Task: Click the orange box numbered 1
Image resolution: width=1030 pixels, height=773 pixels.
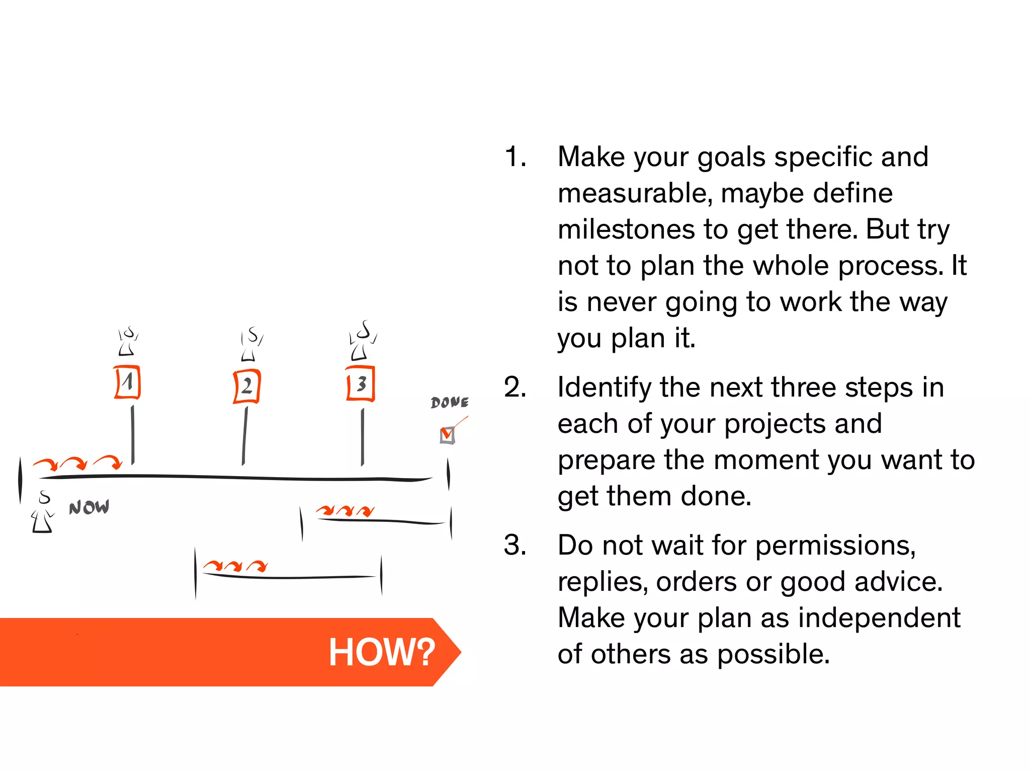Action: click(127, 382)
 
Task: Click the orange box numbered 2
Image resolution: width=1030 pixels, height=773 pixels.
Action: click(247, 386)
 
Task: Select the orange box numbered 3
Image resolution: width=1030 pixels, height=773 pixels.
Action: click(361, 384)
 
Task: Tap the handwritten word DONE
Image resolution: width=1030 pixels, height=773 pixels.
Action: click(450, 402)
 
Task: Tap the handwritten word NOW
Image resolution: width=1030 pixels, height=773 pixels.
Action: click(89, 507)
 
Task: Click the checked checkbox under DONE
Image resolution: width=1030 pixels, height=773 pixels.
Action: click(447, 435)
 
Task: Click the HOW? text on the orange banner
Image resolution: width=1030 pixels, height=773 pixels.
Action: click(382, 652)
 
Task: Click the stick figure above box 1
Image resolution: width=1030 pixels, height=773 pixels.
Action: click(128, 342)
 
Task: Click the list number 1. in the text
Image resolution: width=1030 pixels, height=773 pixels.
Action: click(515, 157)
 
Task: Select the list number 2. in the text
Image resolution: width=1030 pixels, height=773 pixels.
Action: click(515, 388)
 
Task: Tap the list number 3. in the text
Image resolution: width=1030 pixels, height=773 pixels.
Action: click(515, 546)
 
